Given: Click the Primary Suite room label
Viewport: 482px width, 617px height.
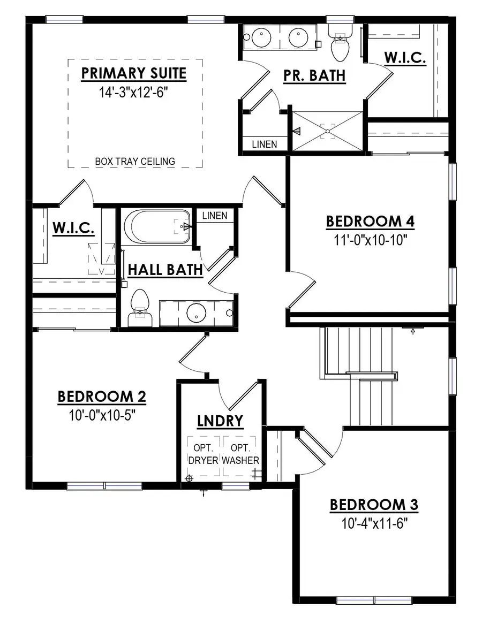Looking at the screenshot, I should pyautogui.click(x=134, y=73).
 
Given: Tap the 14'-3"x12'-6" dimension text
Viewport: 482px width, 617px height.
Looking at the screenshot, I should pyautogui.click(x=134, y=92).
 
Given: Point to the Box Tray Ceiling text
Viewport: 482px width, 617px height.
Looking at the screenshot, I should pyautogui.click(x=135, y=161).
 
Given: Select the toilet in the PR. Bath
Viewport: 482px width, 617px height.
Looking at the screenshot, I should pyautogui.click(x=340, y=47).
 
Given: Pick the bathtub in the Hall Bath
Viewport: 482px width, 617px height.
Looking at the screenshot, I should pyautogui.click(x=156, y=226).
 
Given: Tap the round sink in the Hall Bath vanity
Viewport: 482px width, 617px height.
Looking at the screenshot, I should pyautogui.click(x=197, y=313).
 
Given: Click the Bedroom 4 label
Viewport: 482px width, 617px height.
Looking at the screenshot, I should pyautogui.click(x=371, y=221).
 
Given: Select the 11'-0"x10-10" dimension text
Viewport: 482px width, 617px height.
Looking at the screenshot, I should pyautogui.click(x=371, y=239).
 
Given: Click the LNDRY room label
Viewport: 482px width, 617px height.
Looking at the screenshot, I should pyautogui.click(x=220, y=421).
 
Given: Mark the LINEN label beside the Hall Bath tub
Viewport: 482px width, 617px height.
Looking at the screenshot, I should pyautogui.click(x=215, y=216).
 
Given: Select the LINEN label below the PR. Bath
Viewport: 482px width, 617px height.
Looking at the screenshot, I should pyautogui.click(x=265, y=144).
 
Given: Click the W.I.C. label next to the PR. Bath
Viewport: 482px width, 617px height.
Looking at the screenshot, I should pyautogui.click(x=405, y=58).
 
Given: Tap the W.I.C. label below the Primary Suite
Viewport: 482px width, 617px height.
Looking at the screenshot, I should pyautogui.click(x=73, y=228).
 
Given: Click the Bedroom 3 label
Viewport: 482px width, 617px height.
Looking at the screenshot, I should pyautogui.click(x=374, y=505).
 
